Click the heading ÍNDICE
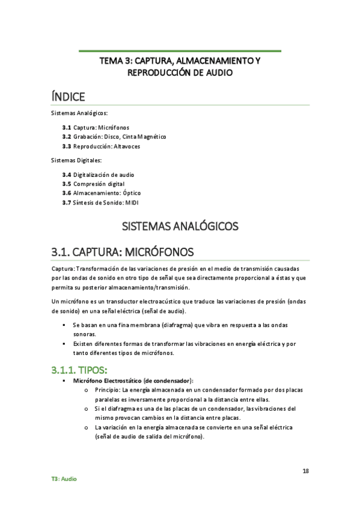pos(68,96)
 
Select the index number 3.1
pos(66,128)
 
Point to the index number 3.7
pos(66,203)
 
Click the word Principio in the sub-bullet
pos(106,390)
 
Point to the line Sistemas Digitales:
pos(75,160)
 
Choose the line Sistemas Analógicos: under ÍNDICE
pos(78,113)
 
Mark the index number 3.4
pos(66,174)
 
